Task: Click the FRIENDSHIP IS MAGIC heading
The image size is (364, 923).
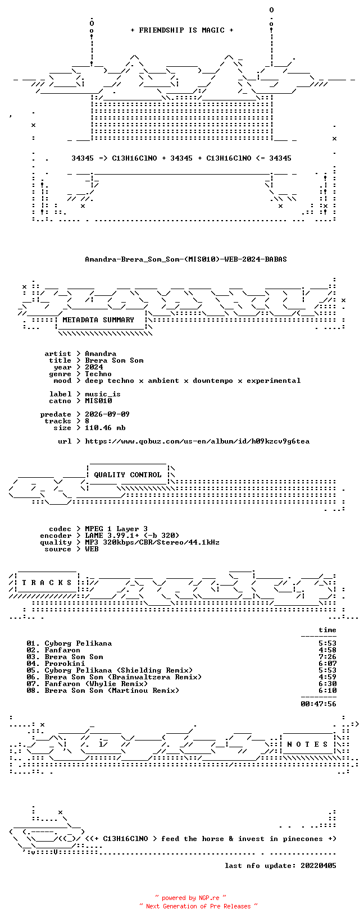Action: [x=182, y=30]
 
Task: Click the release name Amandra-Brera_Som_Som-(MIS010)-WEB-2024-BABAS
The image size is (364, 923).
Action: [x=185, y=259]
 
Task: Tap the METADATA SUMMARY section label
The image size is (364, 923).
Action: [x=98, y=320]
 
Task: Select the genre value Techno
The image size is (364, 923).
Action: [x=98, y=374]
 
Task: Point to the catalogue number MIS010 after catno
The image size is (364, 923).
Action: [x=98, y=400]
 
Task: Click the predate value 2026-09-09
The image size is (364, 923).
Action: [x=107, y=414]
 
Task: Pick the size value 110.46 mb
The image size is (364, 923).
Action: [x=105, y=428]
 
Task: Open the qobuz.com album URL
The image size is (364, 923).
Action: [x=197, y=441]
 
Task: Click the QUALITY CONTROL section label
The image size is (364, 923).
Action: [x=128, y=474]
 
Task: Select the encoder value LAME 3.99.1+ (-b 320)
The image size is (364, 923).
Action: [x=132, y=536]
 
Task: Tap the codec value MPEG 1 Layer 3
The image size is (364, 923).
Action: [x=116, y=529]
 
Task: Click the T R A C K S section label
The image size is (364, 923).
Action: [x=47, y=583]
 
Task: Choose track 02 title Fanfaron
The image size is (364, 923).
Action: [x=62, y=650]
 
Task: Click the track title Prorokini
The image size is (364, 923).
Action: [x=65, y=664]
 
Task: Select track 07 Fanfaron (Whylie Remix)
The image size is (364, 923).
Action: [x=96, y=684]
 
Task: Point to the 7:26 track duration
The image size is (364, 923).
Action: [x=327, y=657]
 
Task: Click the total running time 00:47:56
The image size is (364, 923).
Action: [x=319, y=704]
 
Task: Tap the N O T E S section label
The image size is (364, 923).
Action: [x=307, y=744]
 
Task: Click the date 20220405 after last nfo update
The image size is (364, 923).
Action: [x=319, y=866]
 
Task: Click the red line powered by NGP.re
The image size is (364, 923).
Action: [x=190, y=898]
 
